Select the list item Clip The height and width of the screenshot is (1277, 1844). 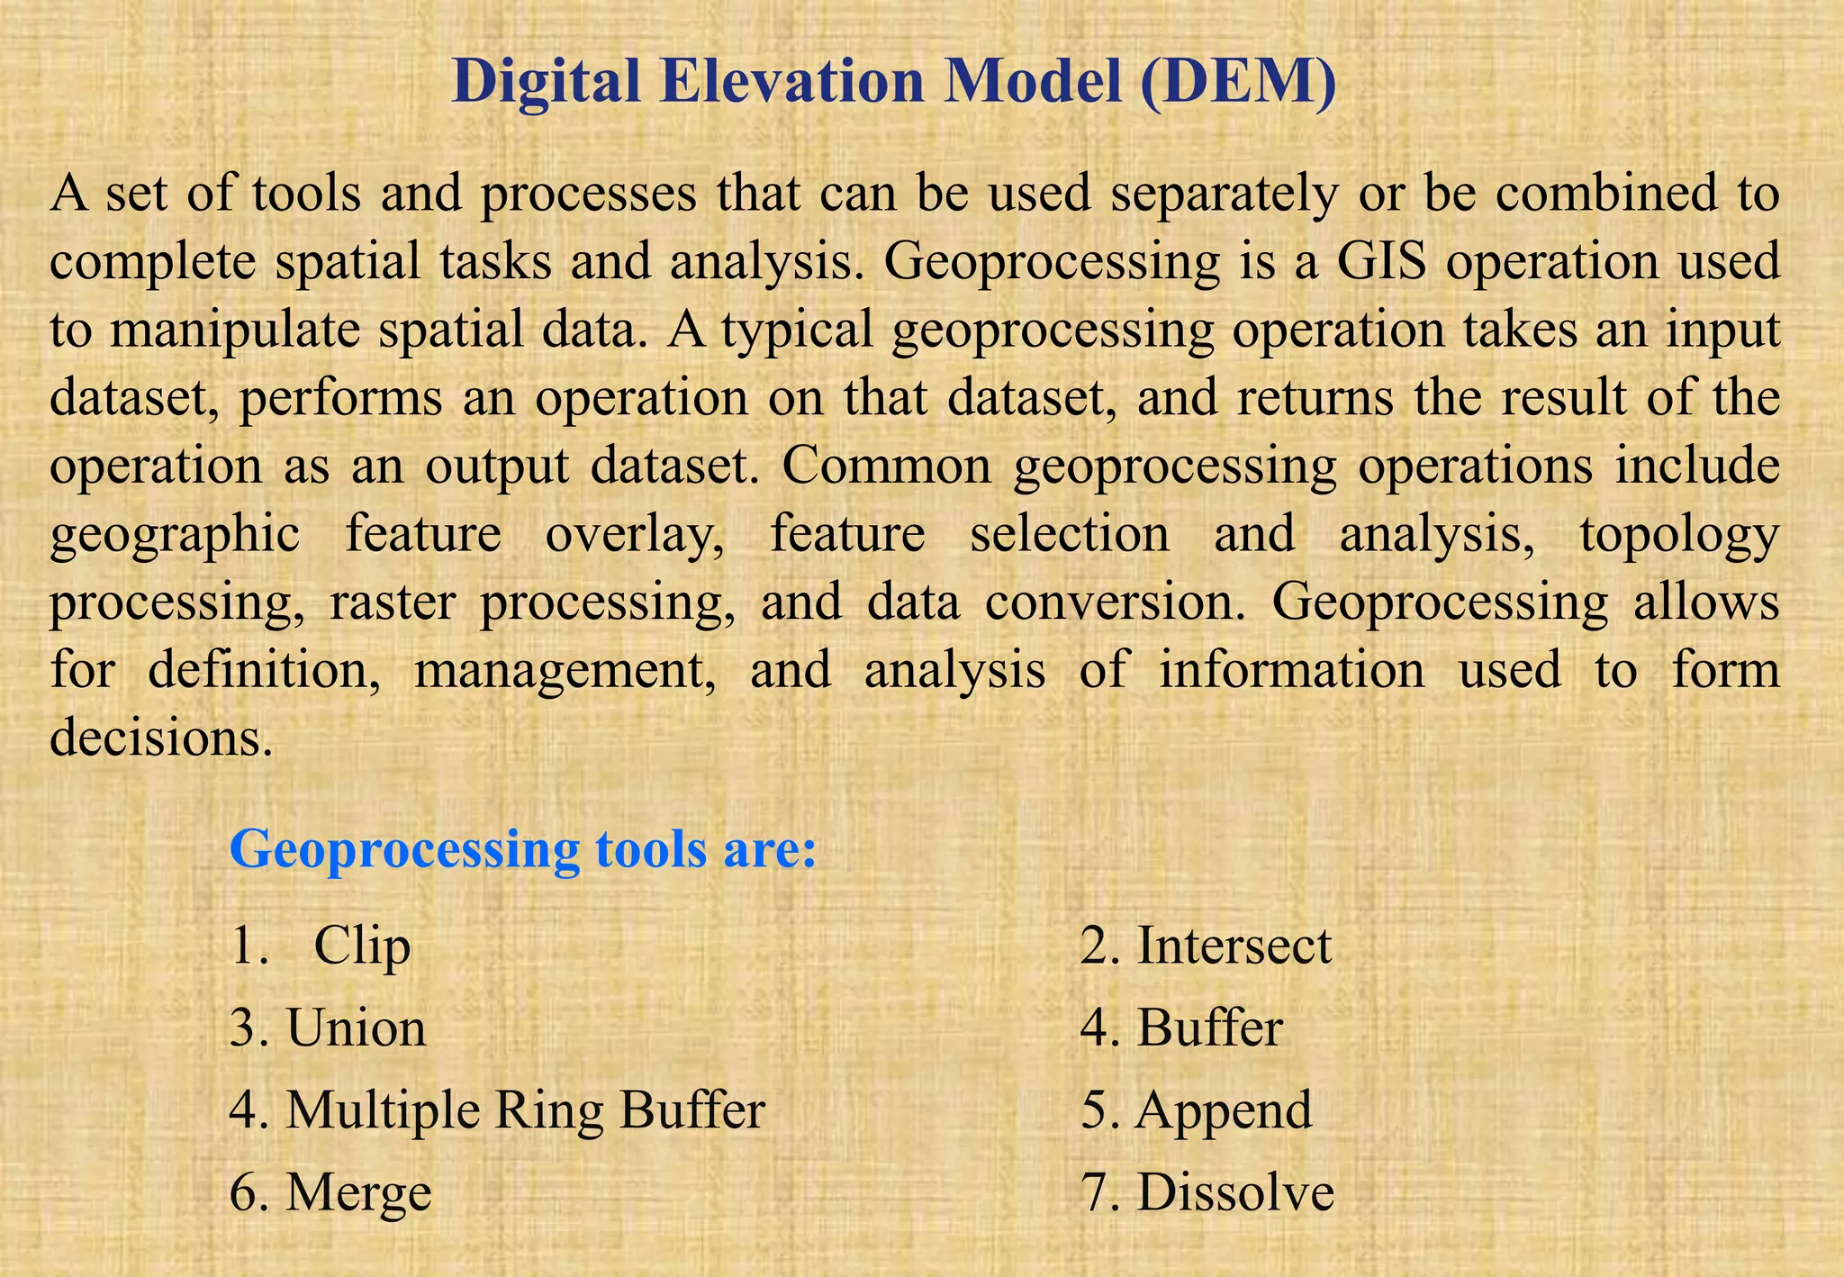tap(362, 946)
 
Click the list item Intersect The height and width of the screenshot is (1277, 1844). tap(1234, 946)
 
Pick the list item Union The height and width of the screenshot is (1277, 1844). tap(356, 1028)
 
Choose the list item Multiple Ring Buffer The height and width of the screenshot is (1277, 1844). tap(525, 1109)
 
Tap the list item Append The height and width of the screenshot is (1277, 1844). tap(1224, 1109)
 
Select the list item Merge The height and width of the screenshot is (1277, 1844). tap(358, 1192)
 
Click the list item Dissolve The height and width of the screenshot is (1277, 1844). tap(1235, 1192)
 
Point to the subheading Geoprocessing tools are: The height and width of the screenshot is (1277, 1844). tap(523, 848)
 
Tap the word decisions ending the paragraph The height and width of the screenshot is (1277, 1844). tap(160, 738)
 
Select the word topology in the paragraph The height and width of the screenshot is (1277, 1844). tap(1679, 534)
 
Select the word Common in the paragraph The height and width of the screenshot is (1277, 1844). tap(886, 466)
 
